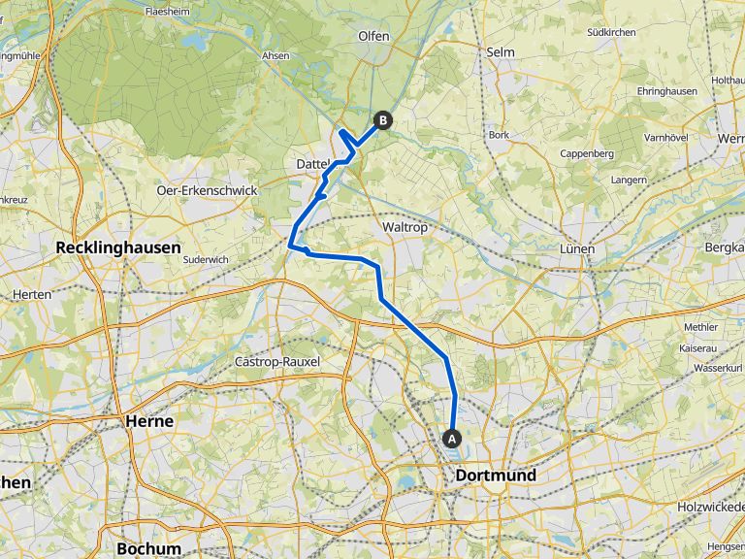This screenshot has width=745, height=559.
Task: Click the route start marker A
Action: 452,438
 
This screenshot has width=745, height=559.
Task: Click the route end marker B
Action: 383,120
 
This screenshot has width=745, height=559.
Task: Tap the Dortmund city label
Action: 496,477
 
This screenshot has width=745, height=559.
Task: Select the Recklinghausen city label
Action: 118,247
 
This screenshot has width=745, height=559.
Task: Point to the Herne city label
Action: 149,421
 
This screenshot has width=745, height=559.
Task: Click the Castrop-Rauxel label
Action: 277,361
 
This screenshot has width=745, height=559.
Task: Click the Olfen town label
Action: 373,36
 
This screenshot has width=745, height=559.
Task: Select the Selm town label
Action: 501,51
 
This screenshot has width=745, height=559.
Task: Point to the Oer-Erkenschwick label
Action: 207,190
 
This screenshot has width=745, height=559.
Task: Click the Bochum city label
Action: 148,548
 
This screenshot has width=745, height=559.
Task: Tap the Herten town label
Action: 32,294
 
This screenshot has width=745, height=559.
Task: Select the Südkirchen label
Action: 611,32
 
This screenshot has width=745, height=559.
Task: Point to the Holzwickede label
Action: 711,506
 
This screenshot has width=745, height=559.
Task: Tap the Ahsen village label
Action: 275,56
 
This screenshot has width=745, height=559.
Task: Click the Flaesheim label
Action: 166,13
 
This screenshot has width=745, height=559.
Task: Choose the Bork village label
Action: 500,135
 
